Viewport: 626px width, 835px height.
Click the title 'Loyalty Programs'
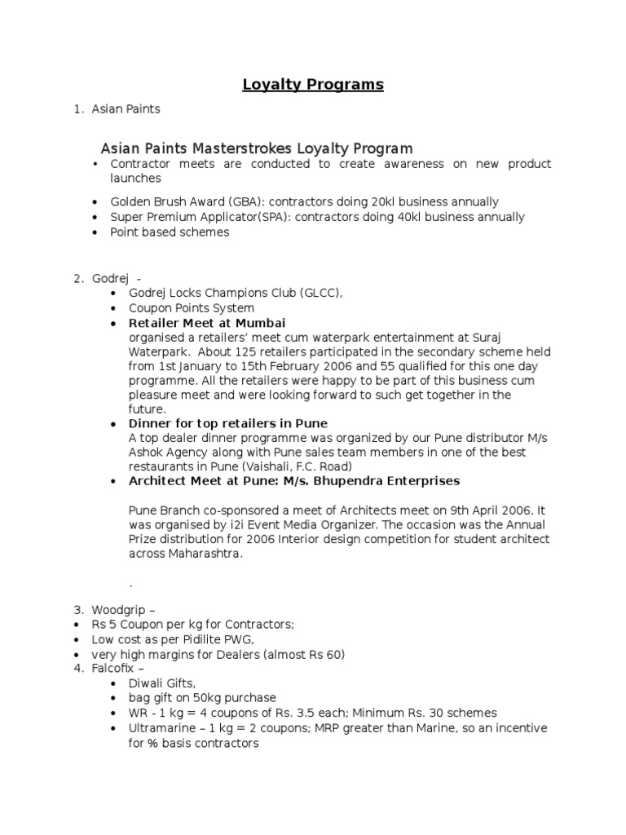(x=313, y=85)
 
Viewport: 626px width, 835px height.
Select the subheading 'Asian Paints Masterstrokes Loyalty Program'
(x=256, y=148)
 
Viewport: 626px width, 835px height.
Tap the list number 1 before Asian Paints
(x=77, y=108)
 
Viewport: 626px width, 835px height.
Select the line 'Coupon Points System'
(x=191, y=309)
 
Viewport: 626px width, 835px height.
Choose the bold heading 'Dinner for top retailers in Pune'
(x=228, y=424)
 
